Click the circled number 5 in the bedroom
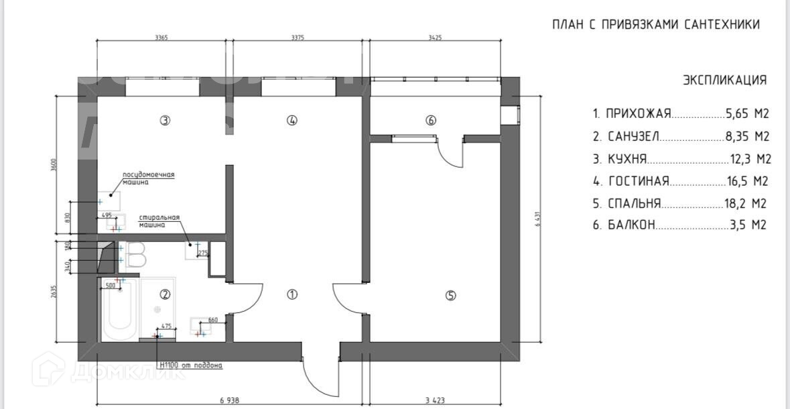coord(450,295)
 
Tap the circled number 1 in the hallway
coord(292,294)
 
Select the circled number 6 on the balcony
coord(431,121)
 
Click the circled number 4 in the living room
coord(291,121)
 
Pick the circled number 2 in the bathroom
coord(165,294)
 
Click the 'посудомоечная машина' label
coord(148,178)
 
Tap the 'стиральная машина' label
coord(159,221)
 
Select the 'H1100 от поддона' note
coord(191,365)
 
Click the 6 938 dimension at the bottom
coord(229,400)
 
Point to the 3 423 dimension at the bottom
coord(436,400)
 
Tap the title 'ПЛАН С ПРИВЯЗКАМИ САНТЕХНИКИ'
coord(656,25)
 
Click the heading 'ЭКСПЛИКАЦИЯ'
coord(724,80)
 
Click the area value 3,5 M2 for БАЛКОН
coord(748,225)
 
